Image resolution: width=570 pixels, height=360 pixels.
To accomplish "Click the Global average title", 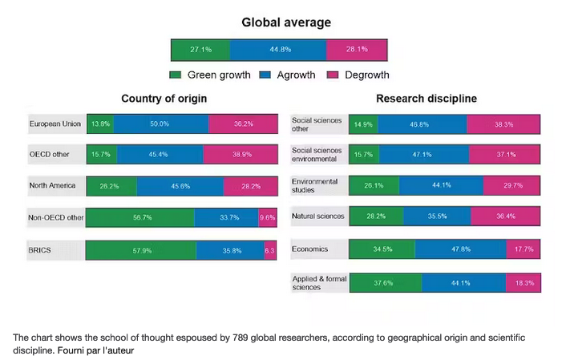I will (285, 22).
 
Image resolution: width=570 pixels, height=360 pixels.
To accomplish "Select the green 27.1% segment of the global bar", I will (200, 49).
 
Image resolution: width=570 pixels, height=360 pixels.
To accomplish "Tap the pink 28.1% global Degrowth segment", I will (357, 49).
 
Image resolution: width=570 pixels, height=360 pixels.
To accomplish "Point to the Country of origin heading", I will (164, 99).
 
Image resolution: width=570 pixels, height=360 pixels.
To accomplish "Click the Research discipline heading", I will (426, 99).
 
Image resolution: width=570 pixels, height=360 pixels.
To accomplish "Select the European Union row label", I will (55, 124).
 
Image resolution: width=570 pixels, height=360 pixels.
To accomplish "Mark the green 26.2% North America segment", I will (111, 186).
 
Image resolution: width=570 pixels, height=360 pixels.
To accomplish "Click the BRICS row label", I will (40, 250).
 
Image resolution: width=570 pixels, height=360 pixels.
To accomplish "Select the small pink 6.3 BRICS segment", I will (270, 250).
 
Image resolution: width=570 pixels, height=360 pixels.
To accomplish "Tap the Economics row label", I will (309, 249).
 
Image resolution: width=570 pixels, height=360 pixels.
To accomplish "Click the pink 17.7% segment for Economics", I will (526, 249).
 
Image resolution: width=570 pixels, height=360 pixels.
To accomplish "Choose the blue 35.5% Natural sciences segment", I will (437, 216).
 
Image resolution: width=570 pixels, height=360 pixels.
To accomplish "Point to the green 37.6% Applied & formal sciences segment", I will (385, 283).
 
